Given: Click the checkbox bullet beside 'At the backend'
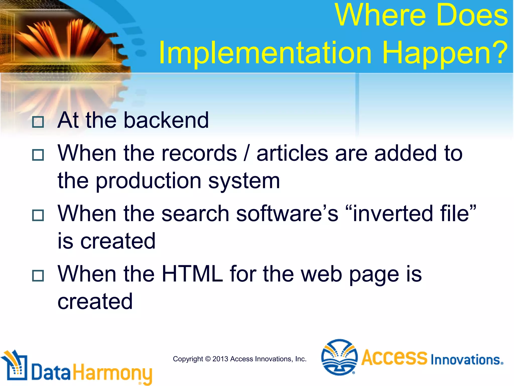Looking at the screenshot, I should click(x=38, y=122).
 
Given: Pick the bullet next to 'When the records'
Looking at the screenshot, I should click(x=38, y=155).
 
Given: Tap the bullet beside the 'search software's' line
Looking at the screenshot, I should click(x=38, y=215).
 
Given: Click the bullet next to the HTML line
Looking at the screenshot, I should click(x=38, y=276).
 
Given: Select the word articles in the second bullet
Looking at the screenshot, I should click(x=292, y=153).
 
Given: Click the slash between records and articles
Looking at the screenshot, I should click(x=247, y=153).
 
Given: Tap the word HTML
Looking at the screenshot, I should click(x=192, y=274).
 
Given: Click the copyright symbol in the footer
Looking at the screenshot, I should click(x=208, y=359).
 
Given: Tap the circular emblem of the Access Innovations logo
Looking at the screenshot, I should click(x=339, y=357).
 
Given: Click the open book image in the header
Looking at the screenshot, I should click(x=63, y=38).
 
